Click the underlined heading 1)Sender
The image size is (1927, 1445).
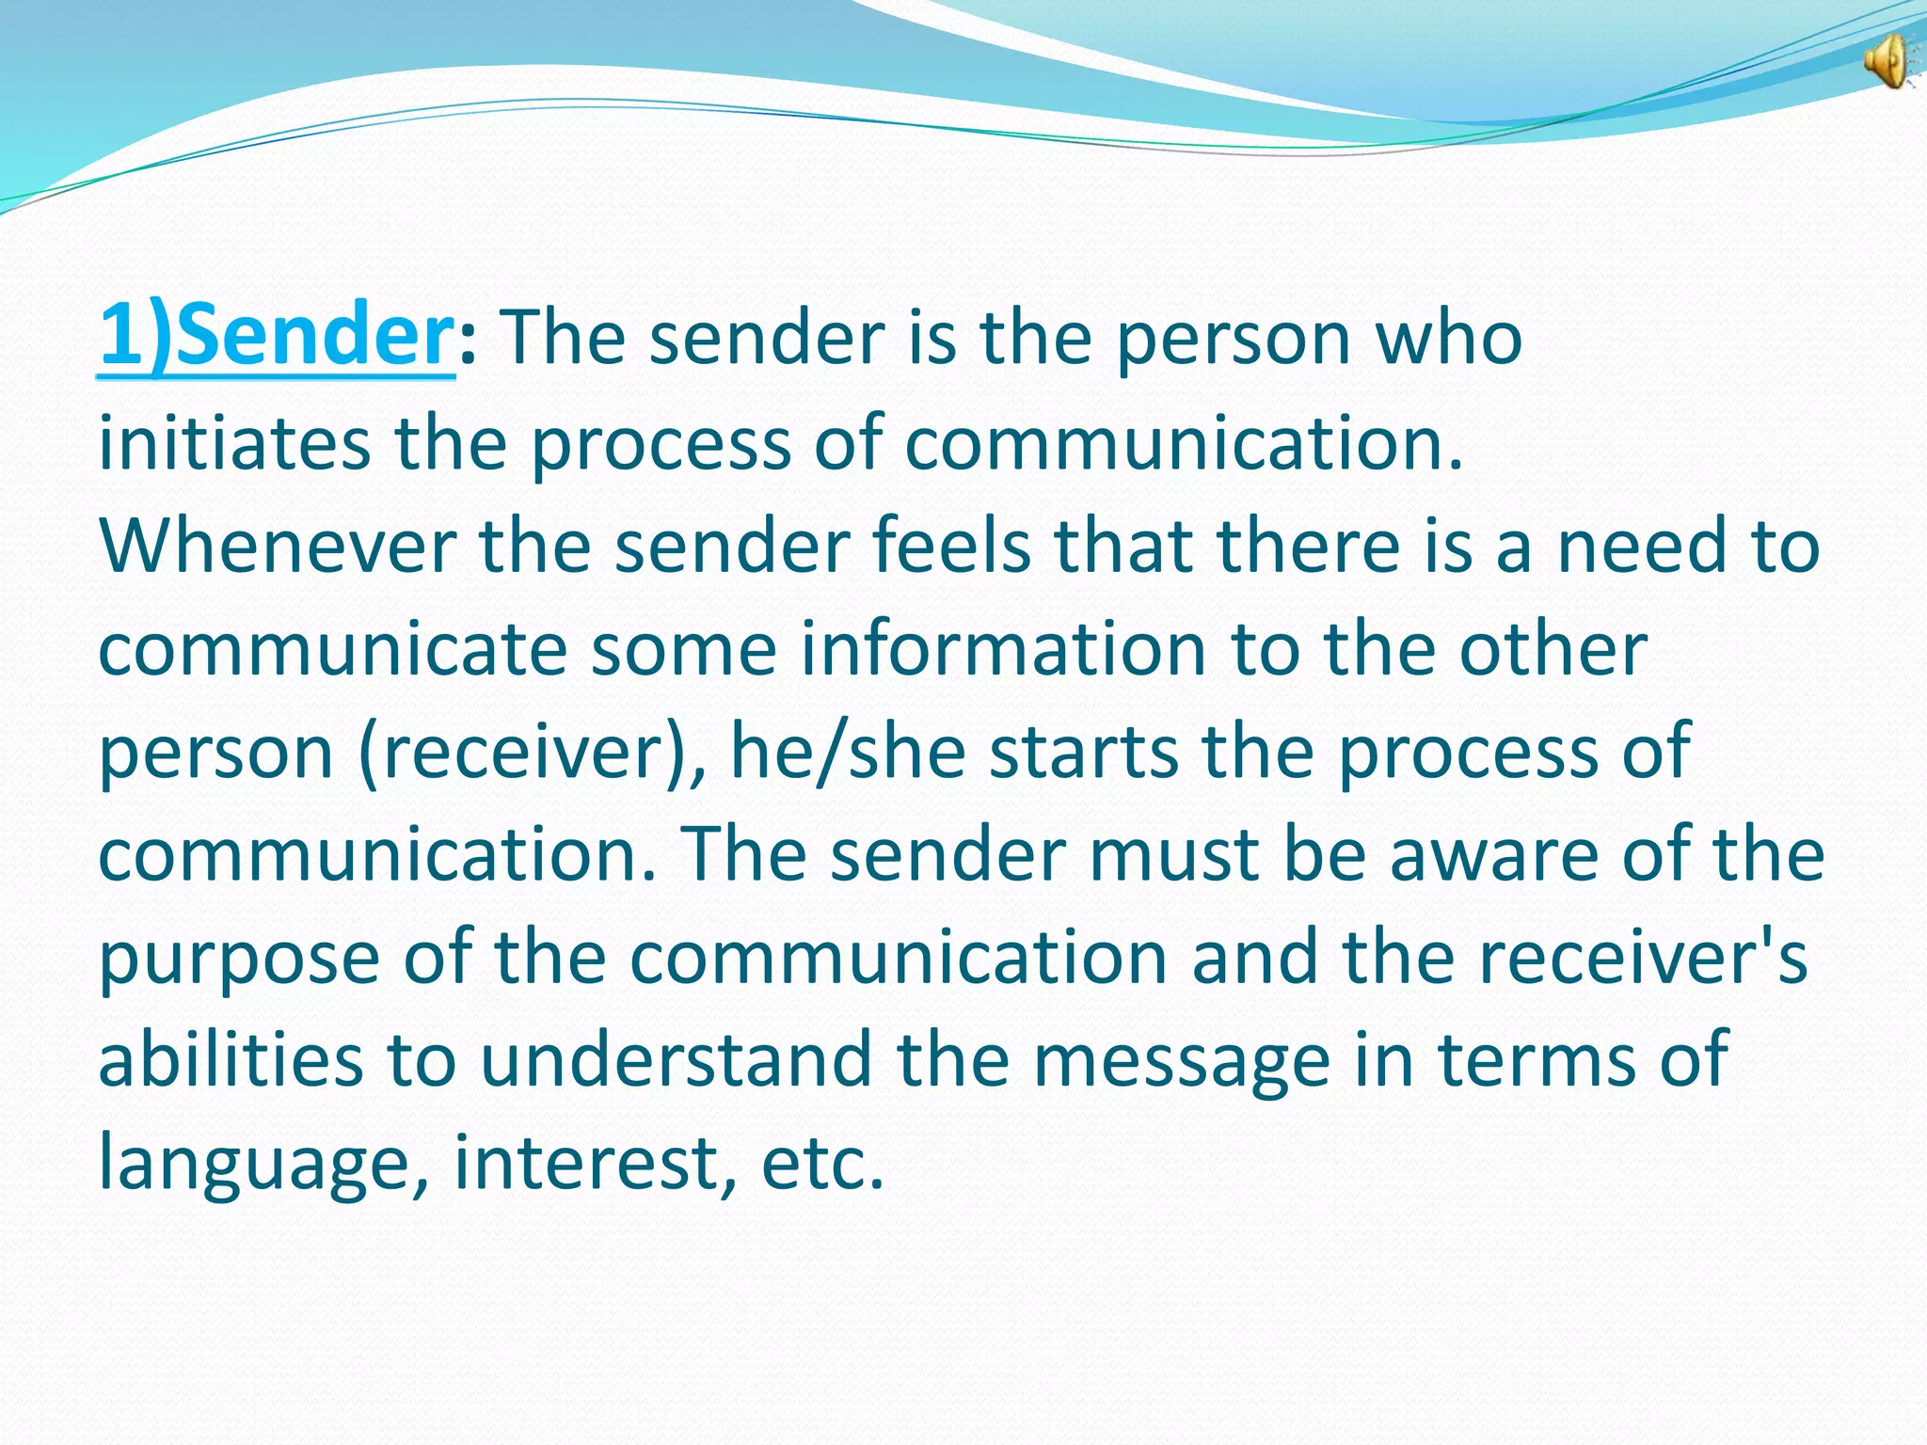coord(277,337)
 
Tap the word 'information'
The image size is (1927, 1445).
coord(1003,649)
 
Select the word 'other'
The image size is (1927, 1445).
coord(1553,649)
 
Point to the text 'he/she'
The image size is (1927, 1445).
coord(848,753)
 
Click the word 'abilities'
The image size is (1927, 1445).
coord(231,1059)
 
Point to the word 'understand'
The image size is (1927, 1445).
coord(677,1059)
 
